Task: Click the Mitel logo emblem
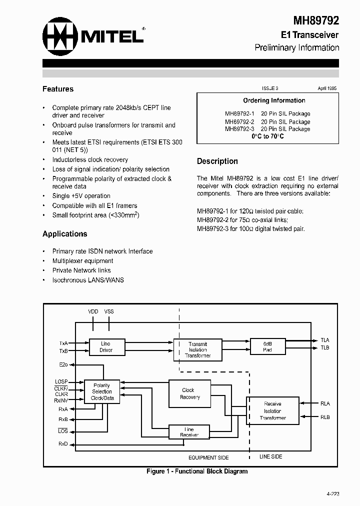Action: [x=61, y=37]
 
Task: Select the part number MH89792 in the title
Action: [x=316, y=20]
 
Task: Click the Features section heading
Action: [x=58, y=89]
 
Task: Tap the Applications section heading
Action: [x=65, y=234]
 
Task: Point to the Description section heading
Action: [x=217, y=161]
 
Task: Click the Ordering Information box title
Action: [x=274, y=100]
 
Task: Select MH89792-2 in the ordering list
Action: [x=239, y=121]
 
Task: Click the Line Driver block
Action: [x=106, y=347]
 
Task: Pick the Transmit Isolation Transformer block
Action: [x=197, y=349]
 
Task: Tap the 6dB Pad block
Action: [x=267, y=346]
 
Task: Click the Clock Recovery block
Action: [x=189, y=393]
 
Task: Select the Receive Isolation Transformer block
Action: [x=272, y=410]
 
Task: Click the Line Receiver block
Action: [x=189, y=432]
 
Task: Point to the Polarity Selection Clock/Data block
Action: [x=102, y=391]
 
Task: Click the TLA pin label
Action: [x=325, y=340]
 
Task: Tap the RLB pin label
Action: [x=325, y=417]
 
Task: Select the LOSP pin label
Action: [x=61, y=382]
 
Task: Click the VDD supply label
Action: [x=93, y=311]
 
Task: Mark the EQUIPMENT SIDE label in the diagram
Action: [x=209, y=457]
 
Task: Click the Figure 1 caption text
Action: [x=197, y=471]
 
